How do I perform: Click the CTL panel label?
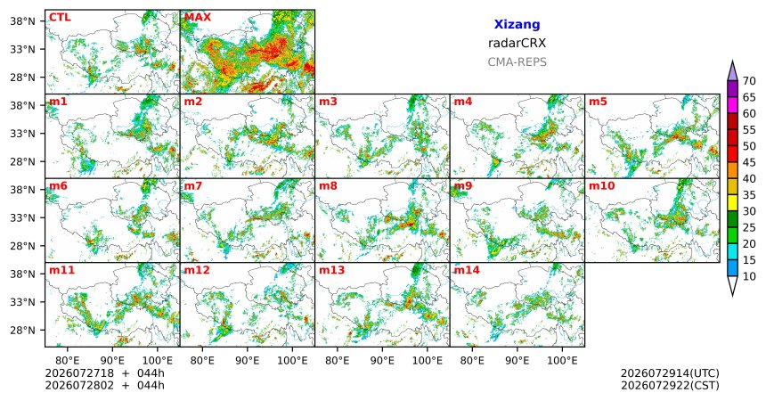click(60, 18)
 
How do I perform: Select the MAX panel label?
click(198, 18)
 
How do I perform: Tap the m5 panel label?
click(598, 102)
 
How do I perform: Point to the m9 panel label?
click(463, 186)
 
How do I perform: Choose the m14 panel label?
click(467, 270)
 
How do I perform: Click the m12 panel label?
click(196, 270)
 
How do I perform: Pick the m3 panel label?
click(328, 102)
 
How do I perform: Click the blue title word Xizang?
click(517, 24)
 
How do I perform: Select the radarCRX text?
click(517, 43)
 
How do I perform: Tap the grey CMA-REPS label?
click(517, 62)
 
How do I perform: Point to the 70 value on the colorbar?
click(749, 81)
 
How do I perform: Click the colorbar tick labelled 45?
click(749, 162)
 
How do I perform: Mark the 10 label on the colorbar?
click(749, 277)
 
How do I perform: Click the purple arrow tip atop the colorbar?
click(732, 61)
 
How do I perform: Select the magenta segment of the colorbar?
click(732, 105)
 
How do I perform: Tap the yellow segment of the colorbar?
click(732, 203)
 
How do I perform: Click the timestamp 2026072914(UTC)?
click(670, 373)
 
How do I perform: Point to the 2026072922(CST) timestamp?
click(670, 385)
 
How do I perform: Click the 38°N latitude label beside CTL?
click(22, 21)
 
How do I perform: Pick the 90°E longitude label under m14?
click(517, 361)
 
